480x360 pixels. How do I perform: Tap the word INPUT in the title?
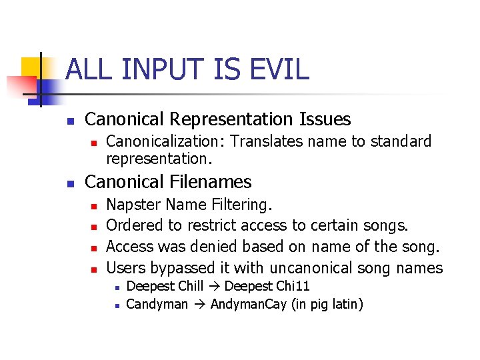(x=169, y=69)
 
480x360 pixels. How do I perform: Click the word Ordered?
(x=136, y=225)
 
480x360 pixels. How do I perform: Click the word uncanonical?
(x=311, y=268)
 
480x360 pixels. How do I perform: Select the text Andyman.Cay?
(x=249, y=305)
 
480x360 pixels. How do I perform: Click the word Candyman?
(x=157, y=305)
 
